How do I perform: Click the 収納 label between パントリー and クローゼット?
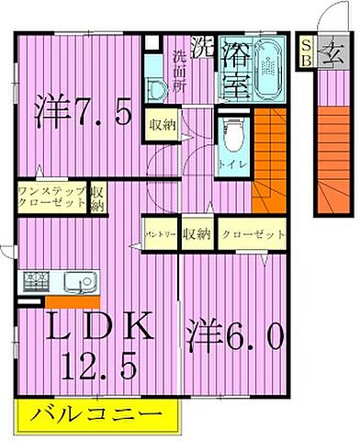(195, 234)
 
